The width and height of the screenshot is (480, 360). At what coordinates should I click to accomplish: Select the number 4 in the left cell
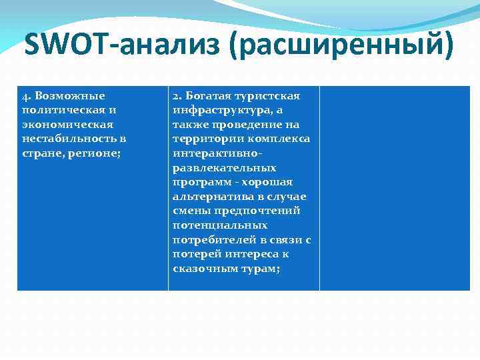[25, 96]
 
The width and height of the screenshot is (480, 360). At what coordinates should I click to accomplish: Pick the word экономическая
[67, 124]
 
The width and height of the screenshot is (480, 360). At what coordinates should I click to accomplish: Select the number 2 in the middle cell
[176, 96]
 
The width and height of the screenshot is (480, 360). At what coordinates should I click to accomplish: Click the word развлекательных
[224, 167]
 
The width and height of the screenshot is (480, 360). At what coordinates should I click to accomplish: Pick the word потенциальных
[220, 225]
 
